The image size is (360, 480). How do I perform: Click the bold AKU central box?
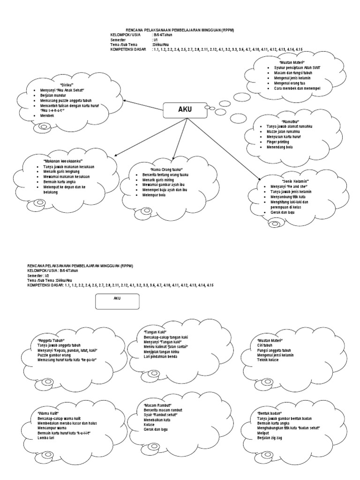(185, 110)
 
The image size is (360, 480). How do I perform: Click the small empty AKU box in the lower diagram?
(117, 301)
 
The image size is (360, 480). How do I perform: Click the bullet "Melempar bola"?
(154, 195)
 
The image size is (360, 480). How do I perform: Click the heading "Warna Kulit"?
(49, 413)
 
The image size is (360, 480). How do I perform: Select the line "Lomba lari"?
(46, 438)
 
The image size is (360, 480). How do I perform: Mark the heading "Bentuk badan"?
(269, 413)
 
